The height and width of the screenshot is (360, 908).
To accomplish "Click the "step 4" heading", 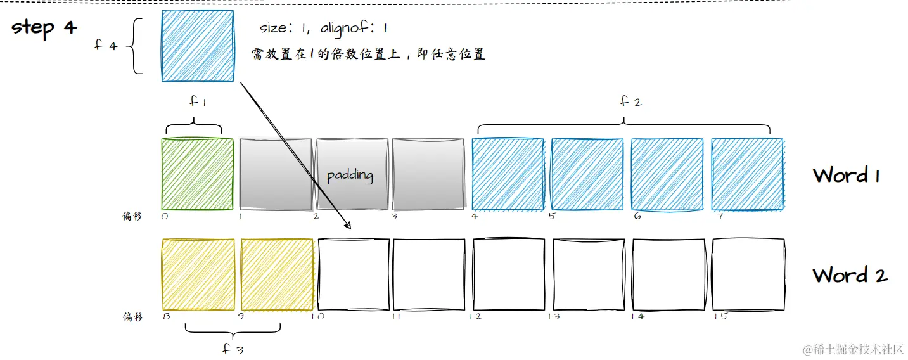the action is click(x=44, y=28).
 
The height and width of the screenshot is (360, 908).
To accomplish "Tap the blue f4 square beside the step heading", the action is click(x=198, y=46).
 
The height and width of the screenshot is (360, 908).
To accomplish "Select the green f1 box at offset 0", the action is click(x=198, y=174).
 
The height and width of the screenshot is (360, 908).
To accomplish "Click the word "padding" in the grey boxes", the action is click(x=350, y=175).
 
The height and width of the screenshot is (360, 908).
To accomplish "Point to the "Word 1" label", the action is click(x=846, y=175).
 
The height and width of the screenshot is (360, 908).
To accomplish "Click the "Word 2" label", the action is click(x=850, y=275).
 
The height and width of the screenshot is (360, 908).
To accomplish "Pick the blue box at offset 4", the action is click(x=508, y=174).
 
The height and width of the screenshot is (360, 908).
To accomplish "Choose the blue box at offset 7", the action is click(x=747, y=174).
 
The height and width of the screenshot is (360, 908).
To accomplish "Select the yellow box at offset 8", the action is click(x=198, y=274).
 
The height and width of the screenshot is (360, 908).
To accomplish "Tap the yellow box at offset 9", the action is click(x=277, y=274).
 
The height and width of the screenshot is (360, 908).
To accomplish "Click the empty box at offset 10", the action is click(x=353, y=274).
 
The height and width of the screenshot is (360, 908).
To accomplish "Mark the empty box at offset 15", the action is click(x=748, y=274).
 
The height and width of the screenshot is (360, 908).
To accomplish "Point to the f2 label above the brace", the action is click(x=630, y=101).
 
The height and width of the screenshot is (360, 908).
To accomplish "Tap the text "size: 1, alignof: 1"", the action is click(x=323, y=29).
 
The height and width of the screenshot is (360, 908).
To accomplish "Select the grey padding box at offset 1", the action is click(x=276, y=174).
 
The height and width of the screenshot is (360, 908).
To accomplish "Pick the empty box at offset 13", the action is click(x=589, y=274).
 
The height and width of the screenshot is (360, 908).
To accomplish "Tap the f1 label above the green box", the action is click(x=198, y=103).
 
